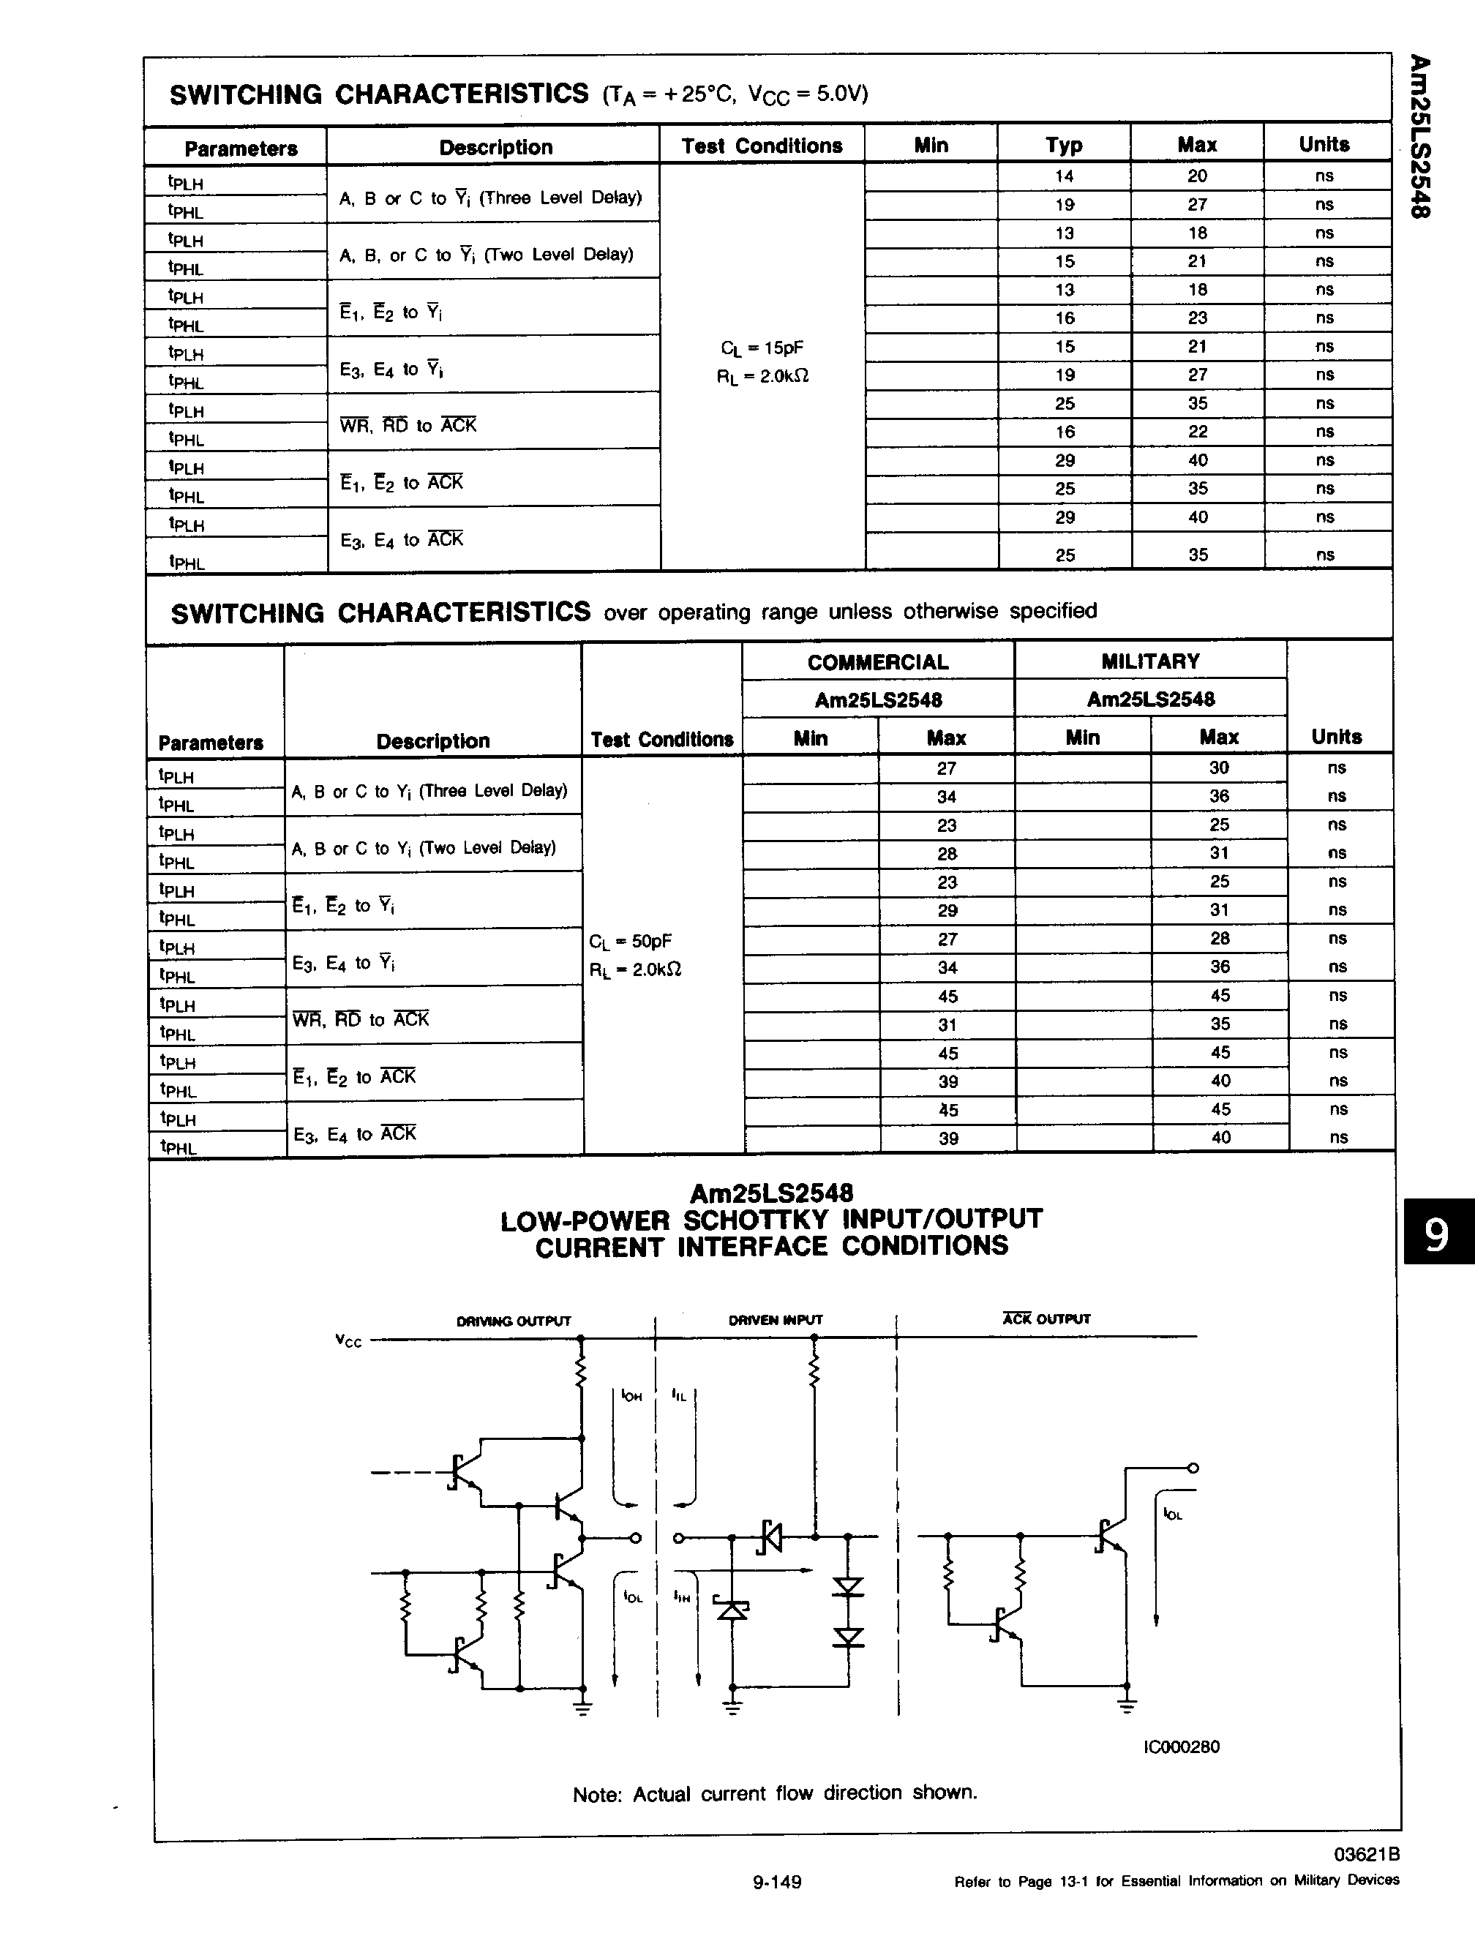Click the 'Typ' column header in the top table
[x=1064, y=145]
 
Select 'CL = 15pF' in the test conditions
[x=762, y=348]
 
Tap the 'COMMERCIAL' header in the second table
[x=877, y=662]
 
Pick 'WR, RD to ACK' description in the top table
[x=408, y=425]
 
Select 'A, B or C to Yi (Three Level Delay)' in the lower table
[x=429, y=791]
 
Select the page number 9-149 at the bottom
[x=777, y=1907]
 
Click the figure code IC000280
[x=1181, y=1746]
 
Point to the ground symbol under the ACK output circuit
[x=1127, y=1706]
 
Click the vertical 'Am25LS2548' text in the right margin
[x=1419, y=137]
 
